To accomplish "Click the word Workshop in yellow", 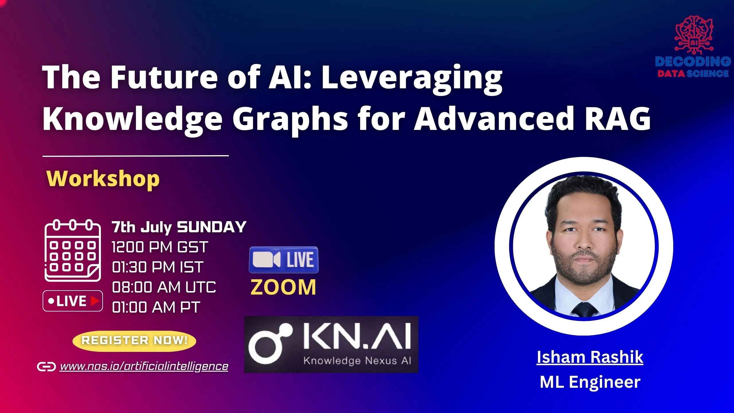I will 103,179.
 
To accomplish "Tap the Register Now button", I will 134,340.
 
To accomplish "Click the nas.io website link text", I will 144,366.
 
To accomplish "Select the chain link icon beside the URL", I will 46,367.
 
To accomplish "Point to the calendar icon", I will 73,250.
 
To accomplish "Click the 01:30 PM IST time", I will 158,267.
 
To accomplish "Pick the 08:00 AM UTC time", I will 164,287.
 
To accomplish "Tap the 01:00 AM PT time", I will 156,307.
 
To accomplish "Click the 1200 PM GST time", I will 160,247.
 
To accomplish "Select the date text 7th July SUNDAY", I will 179,227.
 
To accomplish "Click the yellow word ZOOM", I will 283,287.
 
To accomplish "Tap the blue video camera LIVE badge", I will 284,260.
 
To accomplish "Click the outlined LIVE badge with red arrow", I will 73,301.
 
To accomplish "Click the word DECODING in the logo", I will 693,61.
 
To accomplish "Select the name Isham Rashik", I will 590,357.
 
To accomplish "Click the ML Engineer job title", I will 590,382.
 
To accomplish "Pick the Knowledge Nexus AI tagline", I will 357,361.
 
